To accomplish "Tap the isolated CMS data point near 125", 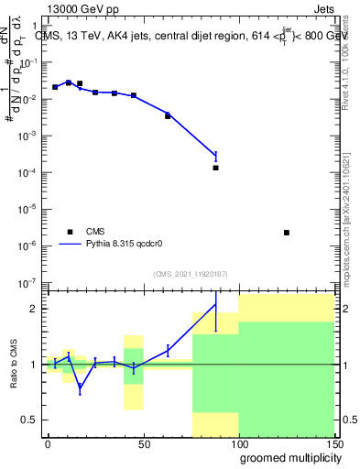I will (x=287, y=233).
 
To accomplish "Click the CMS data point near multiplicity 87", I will (x=215, y=168).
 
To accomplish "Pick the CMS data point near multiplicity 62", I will (x=168, y=116).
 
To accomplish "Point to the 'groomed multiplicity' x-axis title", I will (x=287, y=457).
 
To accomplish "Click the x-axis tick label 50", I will (x=143, y=442).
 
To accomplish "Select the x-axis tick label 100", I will (x=238, y=442).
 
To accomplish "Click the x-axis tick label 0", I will (x=48, y=442).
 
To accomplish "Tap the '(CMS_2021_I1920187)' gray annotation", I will (x=190, y=274).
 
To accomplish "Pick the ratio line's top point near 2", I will (x=215, y=304).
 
